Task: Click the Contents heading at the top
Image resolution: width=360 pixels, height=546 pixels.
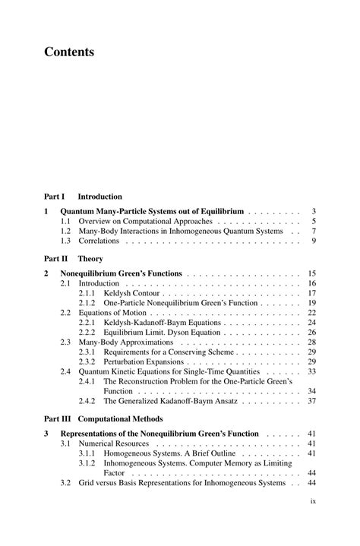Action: [69, 52]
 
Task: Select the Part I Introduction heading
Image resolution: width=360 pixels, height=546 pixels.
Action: [83, 196]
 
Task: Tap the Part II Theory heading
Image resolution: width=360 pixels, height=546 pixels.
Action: [73, 258]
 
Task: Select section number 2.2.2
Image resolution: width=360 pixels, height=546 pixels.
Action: [87, 333]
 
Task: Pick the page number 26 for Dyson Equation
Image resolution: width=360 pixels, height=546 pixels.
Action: [311, 333]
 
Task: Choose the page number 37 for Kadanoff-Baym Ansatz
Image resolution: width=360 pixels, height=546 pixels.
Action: [311, 401]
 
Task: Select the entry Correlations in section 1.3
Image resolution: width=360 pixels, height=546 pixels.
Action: [99, 241]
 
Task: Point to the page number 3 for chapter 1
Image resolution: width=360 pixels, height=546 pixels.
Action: [314, 211]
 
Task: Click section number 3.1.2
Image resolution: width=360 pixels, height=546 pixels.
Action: [87, 462]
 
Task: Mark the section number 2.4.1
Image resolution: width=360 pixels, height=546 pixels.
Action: [87, 381]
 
